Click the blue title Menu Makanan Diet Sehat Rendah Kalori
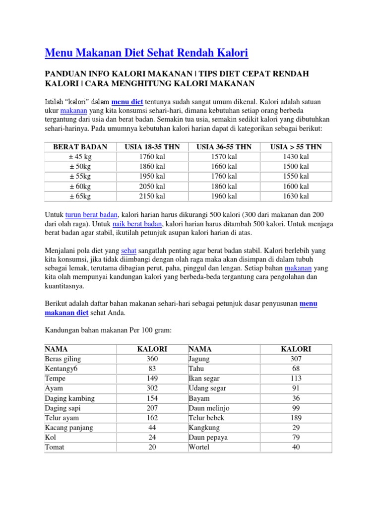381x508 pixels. tap(146, 53)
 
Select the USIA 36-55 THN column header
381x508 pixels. tap(224, 147)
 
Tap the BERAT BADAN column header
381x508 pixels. tap(80, 147)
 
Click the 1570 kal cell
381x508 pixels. tap(224, 157)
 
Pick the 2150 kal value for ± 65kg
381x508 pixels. tap(152, 196)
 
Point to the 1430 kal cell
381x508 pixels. tap(296, 157)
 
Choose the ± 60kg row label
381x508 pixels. tap(80, 187)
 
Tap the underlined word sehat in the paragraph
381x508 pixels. tap(128, 251)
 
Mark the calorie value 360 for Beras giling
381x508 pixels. tap(152, 359)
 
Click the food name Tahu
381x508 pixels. tap(196, 369)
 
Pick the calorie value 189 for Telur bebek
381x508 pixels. tap(296, 418)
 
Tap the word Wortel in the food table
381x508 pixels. tap(199, 447)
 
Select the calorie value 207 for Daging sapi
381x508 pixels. tap(152, 408)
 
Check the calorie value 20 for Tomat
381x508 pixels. tap(152, 447)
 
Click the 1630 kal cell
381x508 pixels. tap(296, 196)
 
